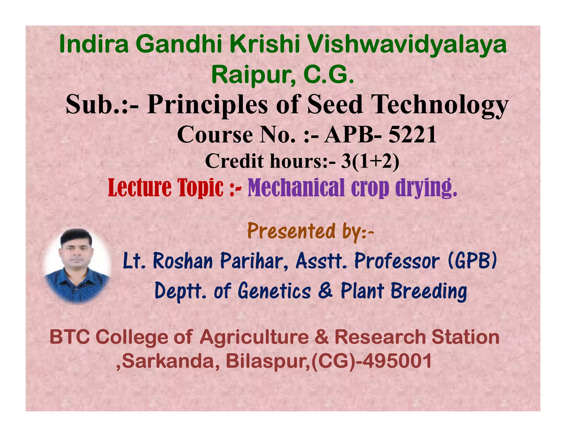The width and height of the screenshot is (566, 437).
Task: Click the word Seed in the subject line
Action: (335, 105)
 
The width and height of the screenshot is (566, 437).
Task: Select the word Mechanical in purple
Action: (296, 188)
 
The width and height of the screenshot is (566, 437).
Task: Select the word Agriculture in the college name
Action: (254, 338)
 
